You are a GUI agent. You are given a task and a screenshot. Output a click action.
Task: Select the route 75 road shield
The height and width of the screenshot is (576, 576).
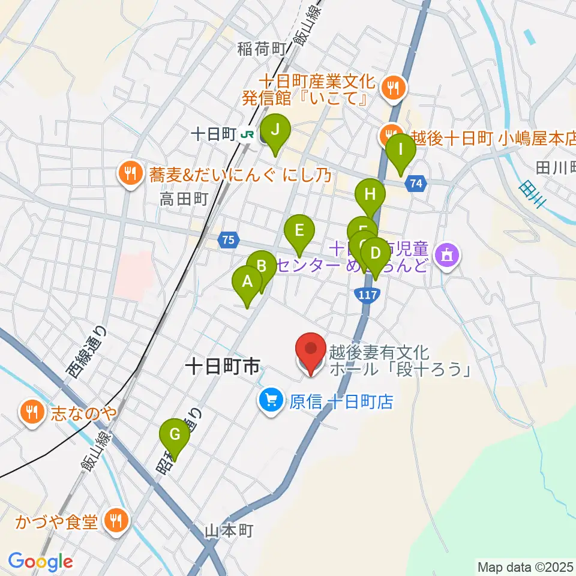227,240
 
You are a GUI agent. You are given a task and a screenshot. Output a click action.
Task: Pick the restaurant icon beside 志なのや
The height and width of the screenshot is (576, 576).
31,412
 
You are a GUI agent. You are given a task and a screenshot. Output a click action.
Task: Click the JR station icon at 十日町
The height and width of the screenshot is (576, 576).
246,136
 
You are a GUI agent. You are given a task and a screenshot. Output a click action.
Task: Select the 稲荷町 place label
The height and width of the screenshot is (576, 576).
259,49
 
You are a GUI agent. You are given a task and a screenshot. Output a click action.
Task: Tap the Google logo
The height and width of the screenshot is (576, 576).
40,561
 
